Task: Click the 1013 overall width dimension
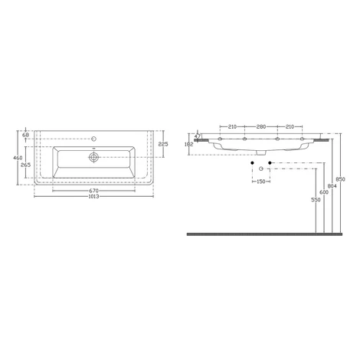[93, 197]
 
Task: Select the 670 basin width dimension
[93, 191]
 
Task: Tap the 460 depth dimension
[18, 158]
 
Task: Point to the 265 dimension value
[26, 165]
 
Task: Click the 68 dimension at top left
[25, 135]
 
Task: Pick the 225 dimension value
[163, 144]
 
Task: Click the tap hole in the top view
[94, 139]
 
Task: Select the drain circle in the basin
[93, 157]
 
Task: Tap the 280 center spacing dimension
[261, 126]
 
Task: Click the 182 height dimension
[188, 144]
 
